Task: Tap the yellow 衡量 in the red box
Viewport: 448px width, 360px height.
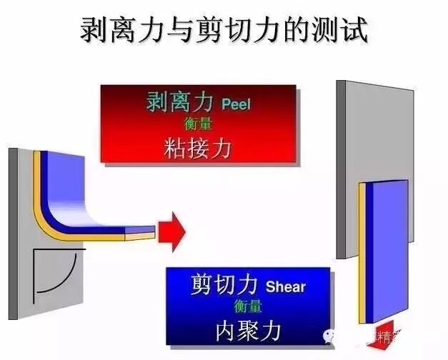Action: pos(198,123)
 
